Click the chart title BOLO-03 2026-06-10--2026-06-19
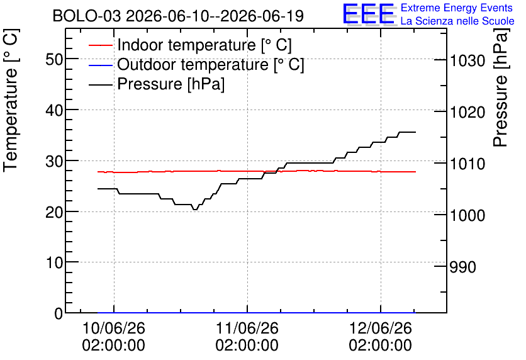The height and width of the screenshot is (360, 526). coord(178,16)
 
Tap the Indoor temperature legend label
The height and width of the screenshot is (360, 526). coord(204,45)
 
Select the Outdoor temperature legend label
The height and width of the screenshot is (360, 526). coord(211,64)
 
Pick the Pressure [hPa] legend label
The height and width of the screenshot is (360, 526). coord(171,84)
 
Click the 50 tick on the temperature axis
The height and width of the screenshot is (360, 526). coord(54,59)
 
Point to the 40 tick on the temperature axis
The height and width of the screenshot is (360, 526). coord(54,110)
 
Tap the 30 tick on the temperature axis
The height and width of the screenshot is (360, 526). coord(54,161)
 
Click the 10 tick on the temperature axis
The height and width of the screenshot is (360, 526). coord(54,262)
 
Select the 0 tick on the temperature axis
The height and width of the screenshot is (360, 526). coord(59,313)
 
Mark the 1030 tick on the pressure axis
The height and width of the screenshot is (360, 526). coord(467,60)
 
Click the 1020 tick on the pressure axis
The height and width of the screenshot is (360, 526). coord(467,112)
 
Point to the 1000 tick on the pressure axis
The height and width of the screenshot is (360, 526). coord(467,215)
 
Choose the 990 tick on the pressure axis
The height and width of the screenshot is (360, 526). coord(462,267)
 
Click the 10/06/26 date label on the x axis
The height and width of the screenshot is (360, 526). coord(114,328)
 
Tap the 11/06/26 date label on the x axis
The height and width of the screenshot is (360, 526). coord(247,328)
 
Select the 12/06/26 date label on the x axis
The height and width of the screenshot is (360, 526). coord(381,328)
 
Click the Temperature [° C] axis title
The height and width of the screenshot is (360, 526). coord(11,100)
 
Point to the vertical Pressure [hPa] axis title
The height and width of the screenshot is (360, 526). coord(500,87)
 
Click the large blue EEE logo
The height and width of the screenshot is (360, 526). coord(369,14)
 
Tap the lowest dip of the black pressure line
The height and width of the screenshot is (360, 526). coord(195,210)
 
